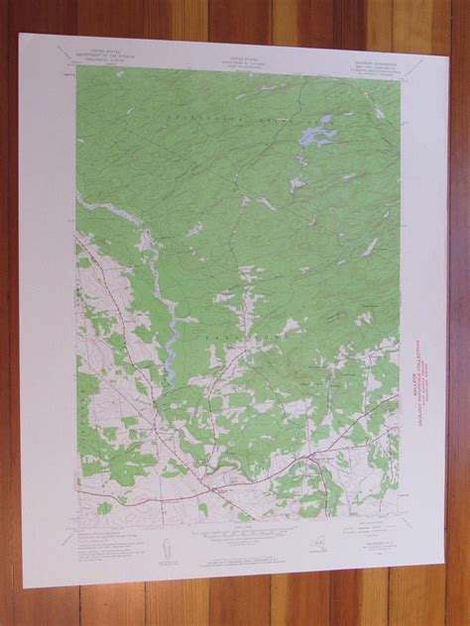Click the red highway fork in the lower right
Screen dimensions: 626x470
(315, 458)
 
